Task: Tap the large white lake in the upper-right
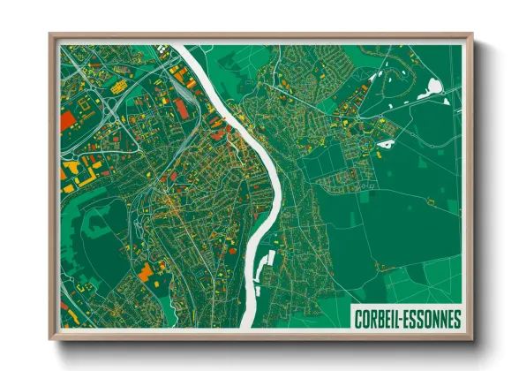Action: (x=433, y=87)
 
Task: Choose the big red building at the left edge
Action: (x=68, y=123)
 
